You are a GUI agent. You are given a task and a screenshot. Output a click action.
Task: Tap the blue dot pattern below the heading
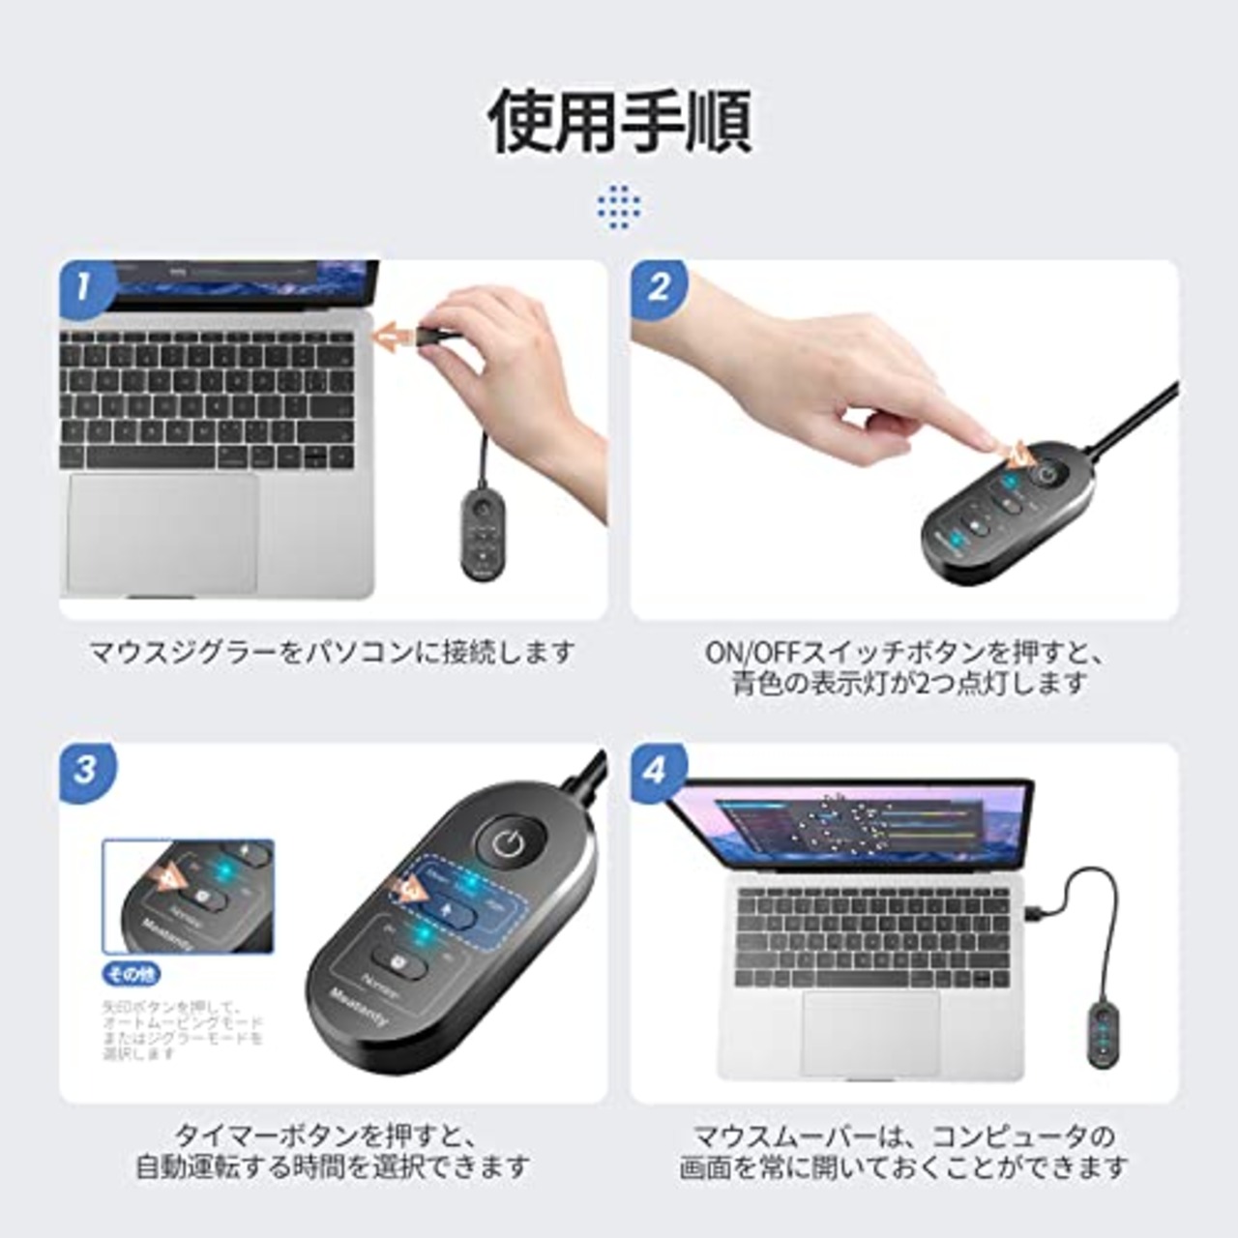pyautogui.click(x=619, y=206)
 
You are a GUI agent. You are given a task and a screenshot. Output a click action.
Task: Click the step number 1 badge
pyautogui.click(x=84, y=287)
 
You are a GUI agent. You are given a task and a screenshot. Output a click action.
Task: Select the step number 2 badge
pyautogui.click(x=659, y=287)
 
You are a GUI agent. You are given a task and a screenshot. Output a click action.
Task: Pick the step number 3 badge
pyautogui.click(x=85, y=770)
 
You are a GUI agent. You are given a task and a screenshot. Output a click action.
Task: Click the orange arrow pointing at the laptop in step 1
pyautogui.click(x=396, y=337)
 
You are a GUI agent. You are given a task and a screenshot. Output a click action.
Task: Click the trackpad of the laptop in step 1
pyautogui.click(x=162, y=533)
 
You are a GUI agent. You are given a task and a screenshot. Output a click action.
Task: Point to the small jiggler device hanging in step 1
pyautogui.click(x=482, y=533)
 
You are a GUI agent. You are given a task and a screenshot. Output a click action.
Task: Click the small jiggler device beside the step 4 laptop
pyautogui.click(x=1103, y=1036)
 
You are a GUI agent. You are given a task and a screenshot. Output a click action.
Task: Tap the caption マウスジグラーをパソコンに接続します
pyautogui.click(x=332, y=652)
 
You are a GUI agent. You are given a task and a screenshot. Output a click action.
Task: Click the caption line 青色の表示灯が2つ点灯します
pyautogui.click(x=908, y=683)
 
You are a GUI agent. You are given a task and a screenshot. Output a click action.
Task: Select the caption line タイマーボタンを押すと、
pyautogui.click(x=331, y=1134)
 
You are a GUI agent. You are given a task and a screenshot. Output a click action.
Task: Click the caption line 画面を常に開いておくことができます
pyautogui.click(x=903, y=1167)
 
